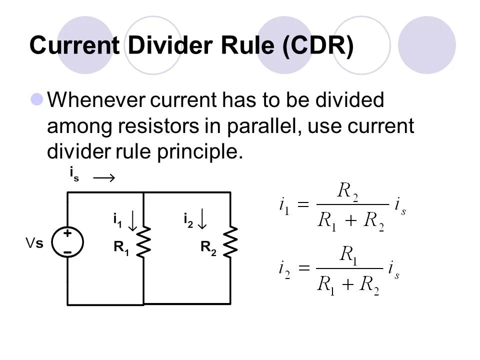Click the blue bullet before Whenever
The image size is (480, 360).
coord(37,100)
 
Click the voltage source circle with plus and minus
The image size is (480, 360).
coord(67,241)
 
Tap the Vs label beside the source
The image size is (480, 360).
coord(34,243)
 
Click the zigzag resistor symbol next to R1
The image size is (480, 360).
coord(144,242)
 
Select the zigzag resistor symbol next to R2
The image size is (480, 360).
coord(230,242)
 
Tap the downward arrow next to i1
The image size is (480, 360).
coord(132,220)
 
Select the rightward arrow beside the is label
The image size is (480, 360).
coord(104,177)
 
